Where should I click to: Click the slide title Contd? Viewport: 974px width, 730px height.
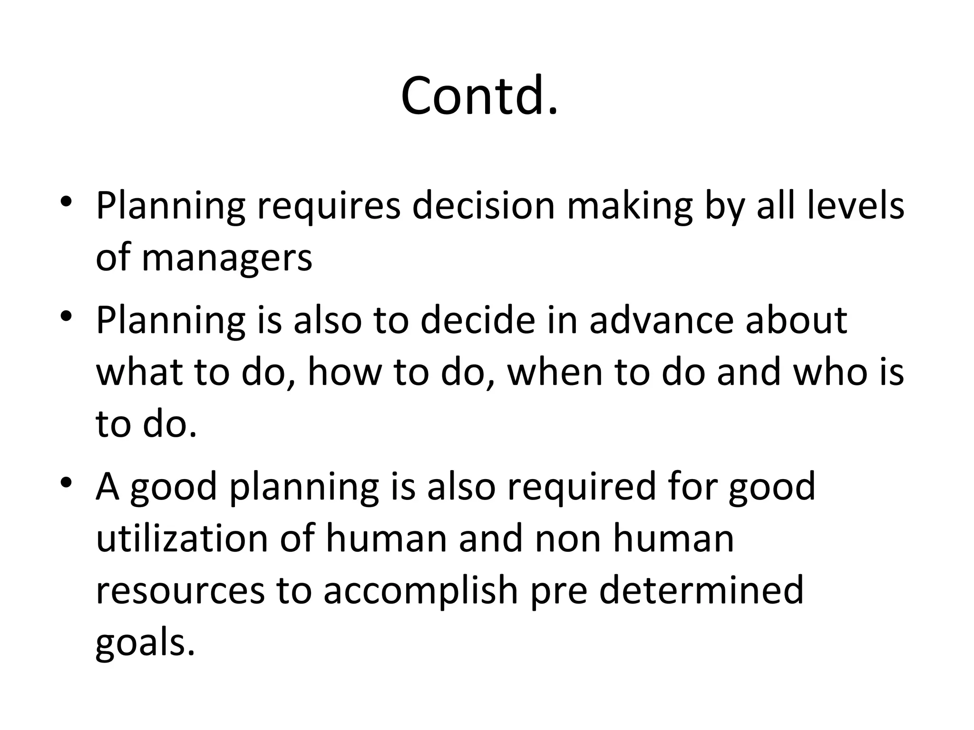tap(479, 96)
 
